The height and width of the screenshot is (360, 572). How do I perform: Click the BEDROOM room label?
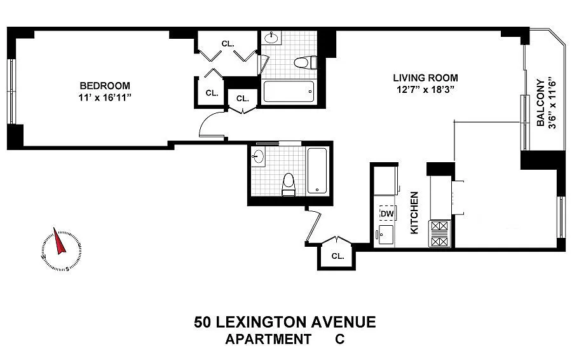105,86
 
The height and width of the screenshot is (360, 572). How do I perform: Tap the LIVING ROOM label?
425,78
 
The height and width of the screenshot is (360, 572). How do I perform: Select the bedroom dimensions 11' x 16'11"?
105,98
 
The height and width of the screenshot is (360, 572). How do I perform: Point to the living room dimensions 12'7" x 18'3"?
425,90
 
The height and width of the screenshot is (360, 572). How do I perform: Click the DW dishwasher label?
388,214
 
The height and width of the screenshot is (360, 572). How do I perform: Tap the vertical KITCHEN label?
414,213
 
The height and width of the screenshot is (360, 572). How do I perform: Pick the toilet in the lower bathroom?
289,184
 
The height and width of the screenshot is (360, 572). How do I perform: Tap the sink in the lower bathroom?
259,157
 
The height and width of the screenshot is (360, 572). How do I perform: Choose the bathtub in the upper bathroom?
288,92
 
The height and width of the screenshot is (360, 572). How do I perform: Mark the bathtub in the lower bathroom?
317,170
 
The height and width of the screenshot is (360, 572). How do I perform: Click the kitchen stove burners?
439,233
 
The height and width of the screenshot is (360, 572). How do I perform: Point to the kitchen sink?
386,235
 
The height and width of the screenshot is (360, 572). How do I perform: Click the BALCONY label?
541,103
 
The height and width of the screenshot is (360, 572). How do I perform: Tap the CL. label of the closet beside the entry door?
338,256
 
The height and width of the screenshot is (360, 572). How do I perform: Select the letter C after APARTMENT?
339,339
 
